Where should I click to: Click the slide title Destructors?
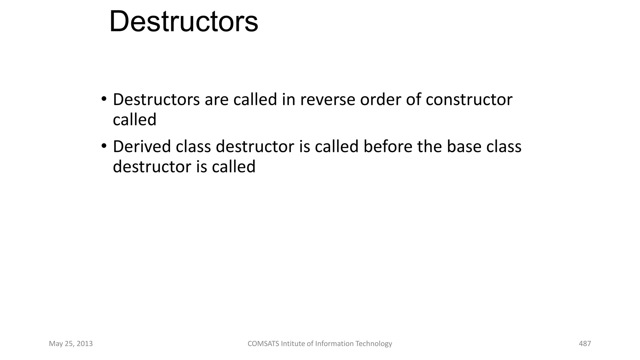[184, 22]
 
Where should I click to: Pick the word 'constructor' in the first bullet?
[469, 100]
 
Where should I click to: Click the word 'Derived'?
[142, 147]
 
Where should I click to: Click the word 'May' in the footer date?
[56, 344]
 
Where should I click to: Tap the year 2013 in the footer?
[85, 344]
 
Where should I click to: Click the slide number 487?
[585, 344]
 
